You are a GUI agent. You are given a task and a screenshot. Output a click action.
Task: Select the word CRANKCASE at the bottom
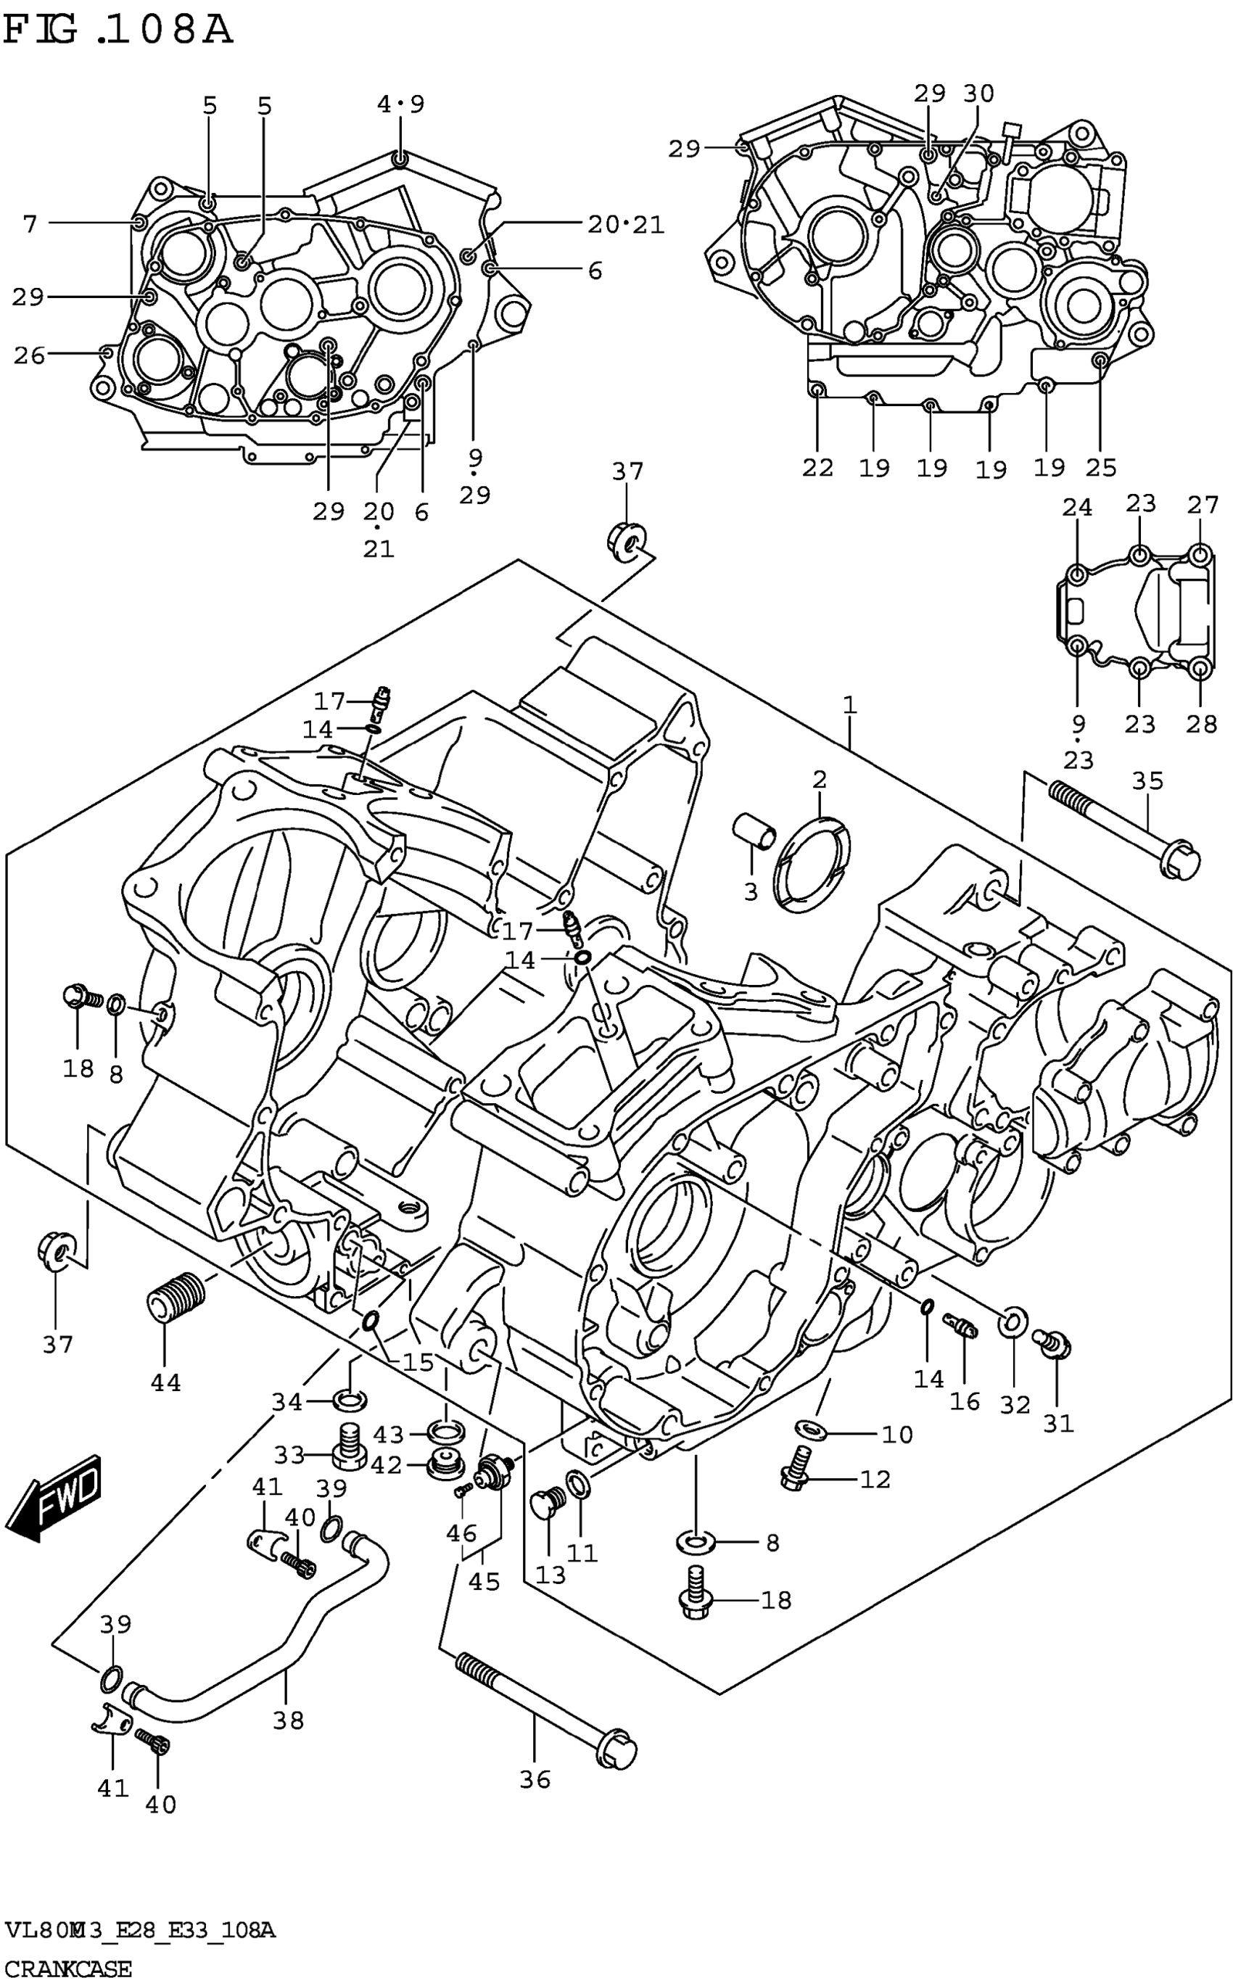(67, 1969)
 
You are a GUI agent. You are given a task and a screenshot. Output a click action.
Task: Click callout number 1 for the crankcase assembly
(850, 704)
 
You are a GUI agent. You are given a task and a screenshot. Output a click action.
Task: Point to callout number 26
(29, 355)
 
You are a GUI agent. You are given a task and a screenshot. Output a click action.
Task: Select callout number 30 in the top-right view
(979, 94)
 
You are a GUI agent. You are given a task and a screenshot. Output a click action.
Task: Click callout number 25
(1101, 467)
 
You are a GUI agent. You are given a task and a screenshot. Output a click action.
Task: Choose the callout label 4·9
(401, 104)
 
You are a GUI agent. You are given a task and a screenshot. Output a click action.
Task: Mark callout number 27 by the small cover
(1202, 506)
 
